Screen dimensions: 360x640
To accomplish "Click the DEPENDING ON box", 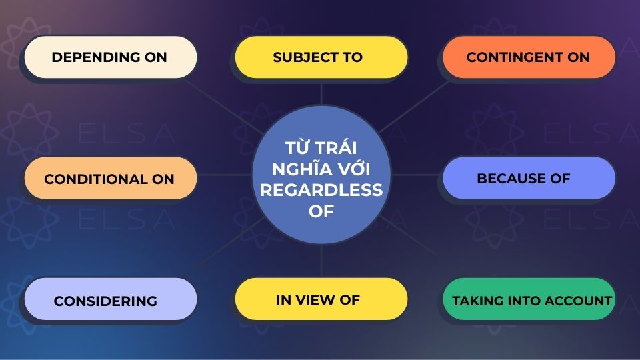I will click(111, 57).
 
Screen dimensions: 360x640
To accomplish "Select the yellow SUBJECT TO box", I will click(321, 57).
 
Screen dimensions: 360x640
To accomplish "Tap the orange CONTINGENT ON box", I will click(529, 57).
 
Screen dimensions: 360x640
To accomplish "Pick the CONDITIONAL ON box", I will click(111, 179).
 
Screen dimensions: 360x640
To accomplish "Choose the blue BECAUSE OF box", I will click(529, 179).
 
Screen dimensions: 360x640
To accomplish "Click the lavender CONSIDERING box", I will click(111, 301).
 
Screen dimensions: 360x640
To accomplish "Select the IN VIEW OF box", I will click(321, 299).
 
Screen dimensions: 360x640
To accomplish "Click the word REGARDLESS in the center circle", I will click(321, 190).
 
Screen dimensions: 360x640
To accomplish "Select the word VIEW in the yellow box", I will click(317, 299).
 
